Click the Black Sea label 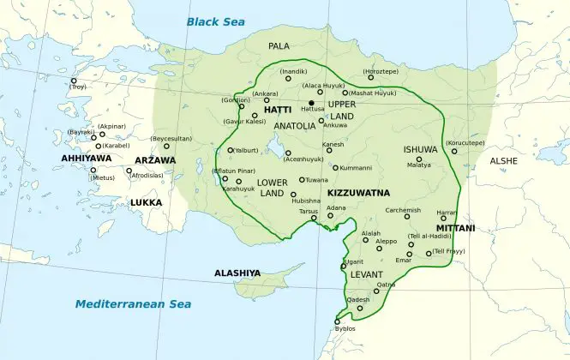[x=216, y=21]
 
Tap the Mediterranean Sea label [x=132, y=304]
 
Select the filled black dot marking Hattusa [x=311, y=103]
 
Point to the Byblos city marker [x=336, y=321]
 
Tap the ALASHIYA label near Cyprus [x=237, y=273]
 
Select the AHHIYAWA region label [x=87, y=159]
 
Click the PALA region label [x=279, y=45]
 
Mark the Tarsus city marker [x=315, y=218]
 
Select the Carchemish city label [x=403, y=209]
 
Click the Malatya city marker [x=419, y=159]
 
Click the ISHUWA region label [x=421, y=148]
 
